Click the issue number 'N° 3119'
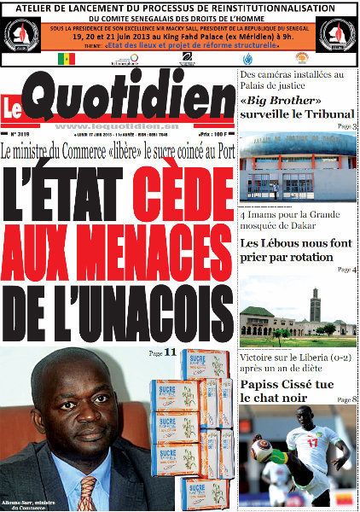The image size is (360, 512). tap(20, 135)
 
